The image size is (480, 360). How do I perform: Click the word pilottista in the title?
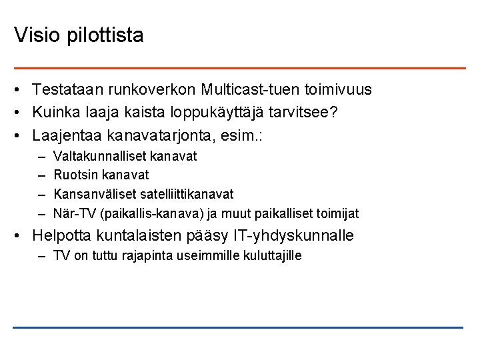point(105,35)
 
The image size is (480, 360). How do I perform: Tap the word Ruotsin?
point(74,175)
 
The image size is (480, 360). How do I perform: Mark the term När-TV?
point(73,213)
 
